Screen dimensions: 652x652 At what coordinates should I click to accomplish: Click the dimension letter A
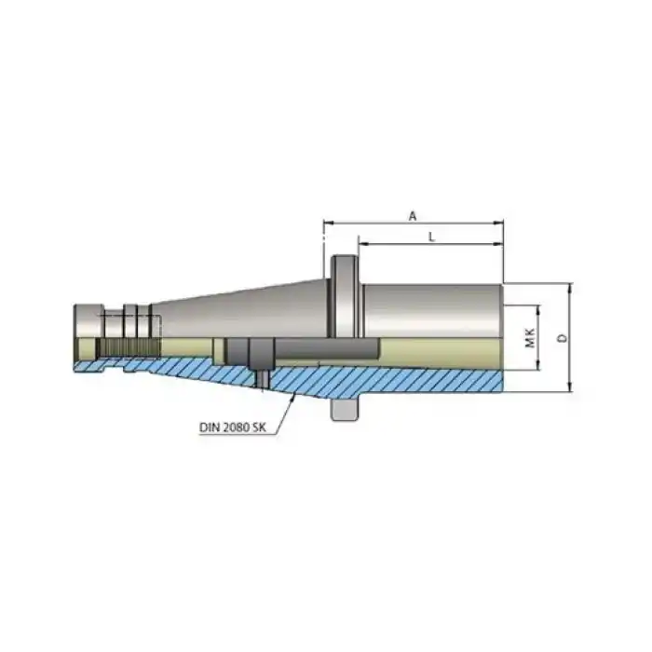click(x=413, y=215)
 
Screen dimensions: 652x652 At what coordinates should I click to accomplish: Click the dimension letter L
click(x=430, y=237)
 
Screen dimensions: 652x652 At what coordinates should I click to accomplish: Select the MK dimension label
click(x=528, y=338)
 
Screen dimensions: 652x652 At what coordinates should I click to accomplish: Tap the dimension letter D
click(x=561, y=338)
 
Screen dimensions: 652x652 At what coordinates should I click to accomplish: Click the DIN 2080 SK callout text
click(x=232, y=428)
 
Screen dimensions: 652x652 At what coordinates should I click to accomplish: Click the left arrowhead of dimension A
click(x=328, y=224)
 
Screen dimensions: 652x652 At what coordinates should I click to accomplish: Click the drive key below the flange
click(x=345, y=410)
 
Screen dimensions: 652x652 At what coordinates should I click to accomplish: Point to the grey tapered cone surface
click(x=242, y=307)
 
